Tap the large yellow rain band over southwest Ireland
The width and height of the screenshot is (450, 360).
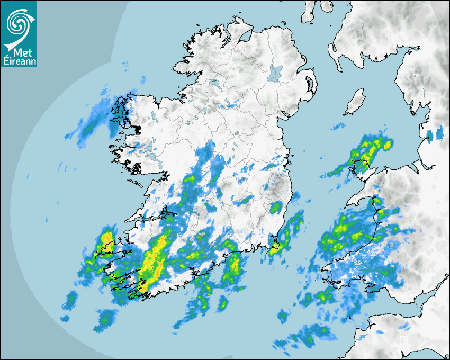pyautogui.click(x=153, y=260)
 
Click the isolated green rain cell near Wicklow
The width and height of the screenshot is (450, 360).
pyautogui.click(x=276, y=206)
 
